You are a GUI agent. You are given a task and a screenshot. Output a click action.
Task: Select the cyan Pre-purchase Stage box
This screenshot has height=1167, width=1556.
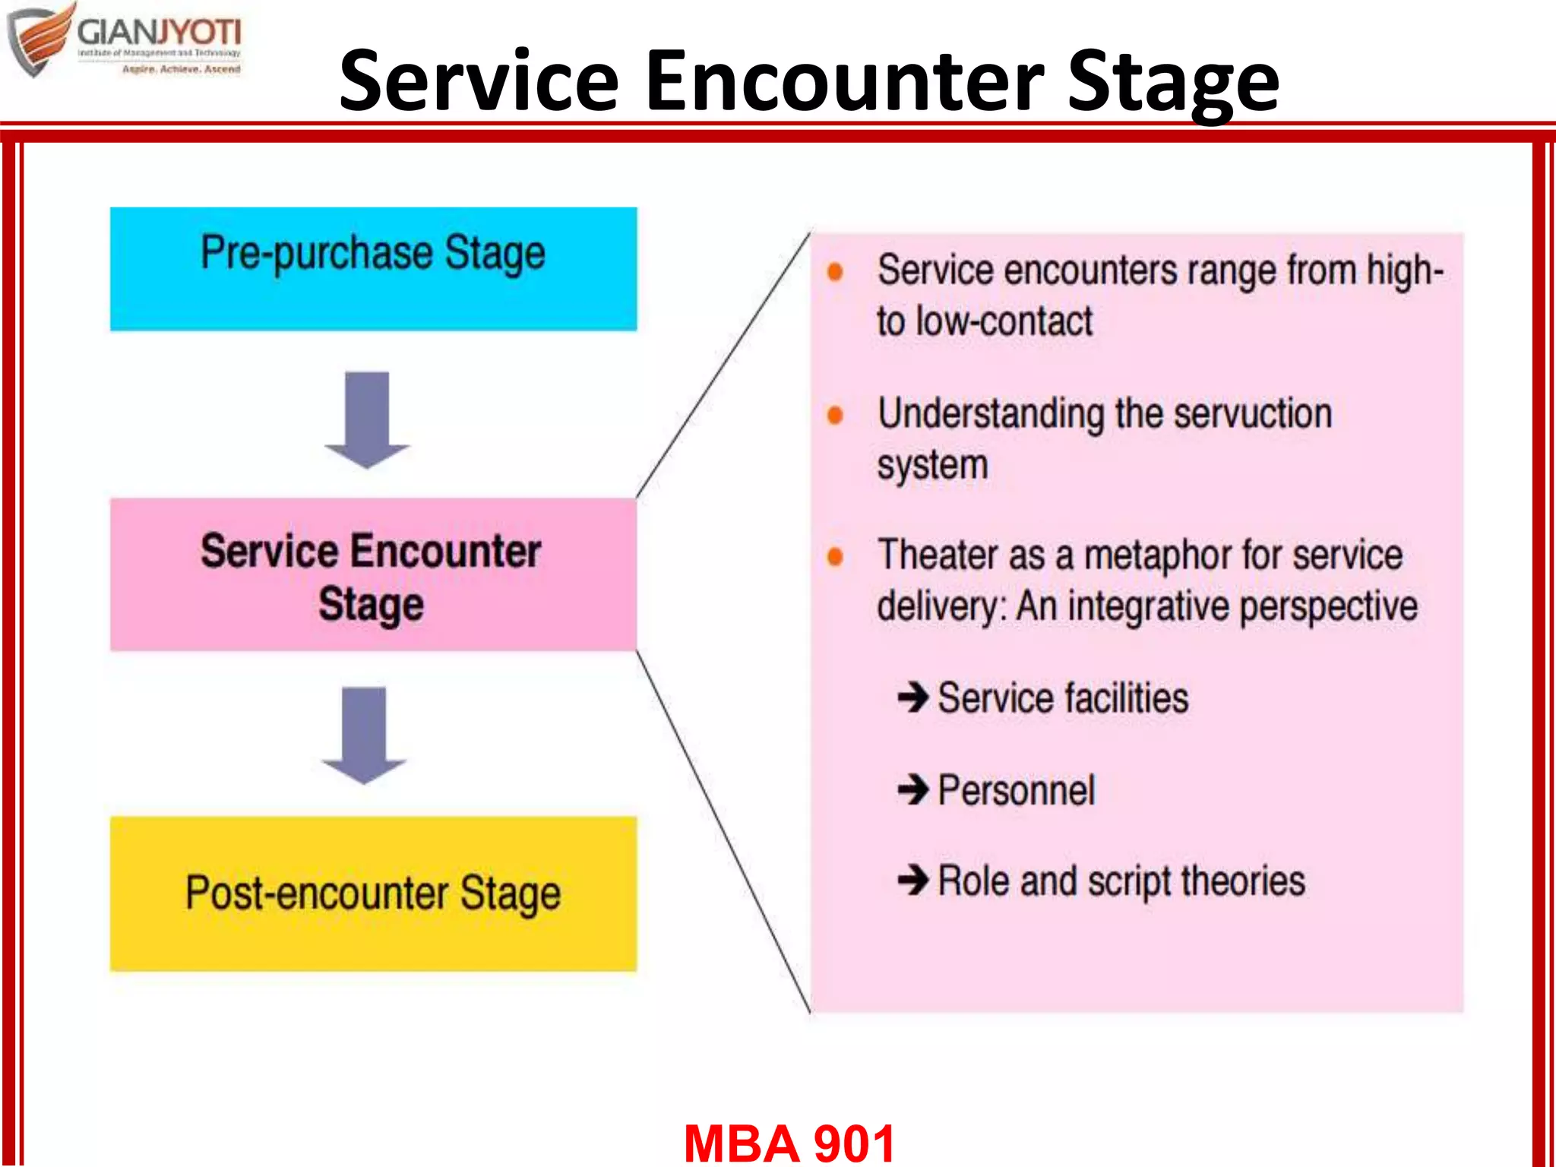coord(373,268)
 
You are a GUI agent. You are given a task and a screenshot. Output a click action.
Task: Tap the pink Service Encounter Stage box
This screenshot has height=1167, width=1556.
coord(373,574)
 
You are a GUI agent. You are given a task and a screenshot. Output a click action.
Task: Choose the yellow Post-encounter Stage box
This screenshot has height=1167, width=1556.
coord(373,893)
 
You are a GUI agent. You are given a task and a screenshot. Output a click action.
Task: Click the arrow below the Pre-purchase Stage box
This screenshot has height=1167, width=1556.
coord(367,419)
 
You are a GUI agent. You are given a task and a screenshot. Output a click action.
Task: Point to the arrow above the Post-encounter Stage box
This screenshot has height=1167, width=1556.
coord(364,735)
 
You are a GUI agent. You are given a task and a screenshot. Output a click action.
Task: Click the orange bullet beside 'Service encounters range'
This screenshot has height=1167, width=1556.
coord(835,272)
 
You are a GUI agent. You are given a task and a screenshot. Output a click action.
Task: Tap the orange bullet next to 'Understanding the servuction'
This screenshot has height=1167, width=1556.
coord(835,415)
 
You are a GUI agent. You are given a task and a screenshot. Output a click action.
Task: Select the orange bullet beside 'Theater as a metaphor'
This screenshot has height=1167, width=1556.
coord(835,557)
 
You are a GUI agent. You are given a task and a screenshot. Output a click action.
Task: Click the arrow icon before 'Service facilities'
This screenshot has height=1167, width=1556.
coord(912,697)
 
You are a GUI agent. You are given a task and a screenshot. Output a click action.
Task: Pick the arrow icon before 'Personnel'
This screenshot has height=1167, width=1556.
coord(912,789)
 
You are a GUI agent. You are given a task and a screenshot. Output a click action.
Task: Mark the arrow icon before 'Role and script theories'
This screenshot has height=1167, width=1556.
coord(912,881)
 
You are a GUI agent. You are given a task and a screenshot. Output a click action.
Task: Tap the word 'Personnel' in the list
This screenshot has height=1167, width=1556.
coord(1017,790)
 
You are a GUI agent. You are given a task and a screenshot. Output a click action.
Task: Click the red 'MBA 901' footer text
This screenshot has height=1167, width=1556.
coord(789,1142)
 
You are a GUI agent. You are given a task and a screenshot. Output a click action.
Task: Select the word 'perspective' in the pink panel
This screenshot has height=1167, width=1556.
coord(1329,607)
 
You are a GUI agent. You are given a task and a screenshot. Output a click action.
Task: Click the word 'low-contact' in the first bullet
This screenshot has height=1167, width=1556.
coord(1004,321)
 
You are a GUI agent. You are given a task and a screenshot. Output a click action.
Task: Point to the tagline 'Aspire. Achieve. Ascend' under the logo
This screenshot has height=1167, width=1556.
coord(181,69)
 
